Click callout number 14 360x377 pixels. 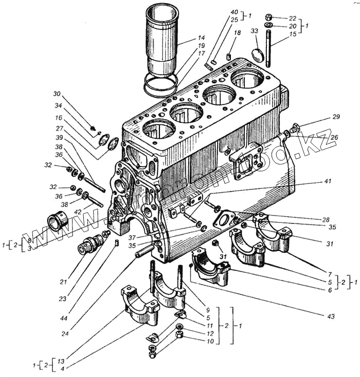pyautogui.click(x=201, y=38)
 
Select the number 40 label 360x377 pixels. pyautogui.click(x=235, y=12)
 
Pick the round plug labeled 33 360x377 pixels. pyautogui.click(x=258, y=55)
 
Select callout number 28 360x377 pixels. pyautogui.click(x=325, y=220)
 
